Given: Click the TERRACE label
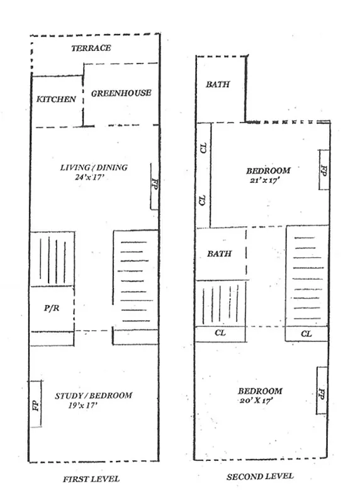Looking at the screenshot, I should (91, 48).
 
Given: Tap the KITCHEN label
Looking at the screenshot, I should (56, 99).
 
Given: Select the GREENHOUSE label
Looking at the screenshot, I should (121, 93).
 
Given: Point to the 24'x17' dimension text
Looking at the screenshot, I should (92, 177).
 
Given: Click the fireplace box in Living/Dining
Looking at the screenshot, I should (154, 186).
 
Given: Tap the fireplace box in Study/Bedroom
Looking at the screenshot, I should (35, 404).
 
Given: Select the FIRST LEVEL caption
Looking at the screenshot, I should (91, 479).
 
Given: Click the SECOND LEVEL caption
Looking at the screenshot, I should (260, 477).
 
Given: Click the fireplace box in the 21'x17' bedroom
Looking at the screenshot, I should (323, 170).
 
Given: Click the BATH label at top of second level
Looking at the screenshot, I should (218, 84).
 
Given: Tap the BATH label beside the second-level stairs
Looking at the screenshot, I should (219, 254).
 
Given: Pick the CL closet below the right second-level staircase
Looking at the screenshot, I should (307, 334).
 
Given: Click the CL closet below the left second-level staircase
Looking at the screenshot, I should (220, 334).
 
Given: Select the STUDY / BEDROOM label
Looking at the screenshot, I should (94, 395).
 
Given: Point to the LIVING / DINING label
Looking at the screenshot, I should (94, 167).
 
